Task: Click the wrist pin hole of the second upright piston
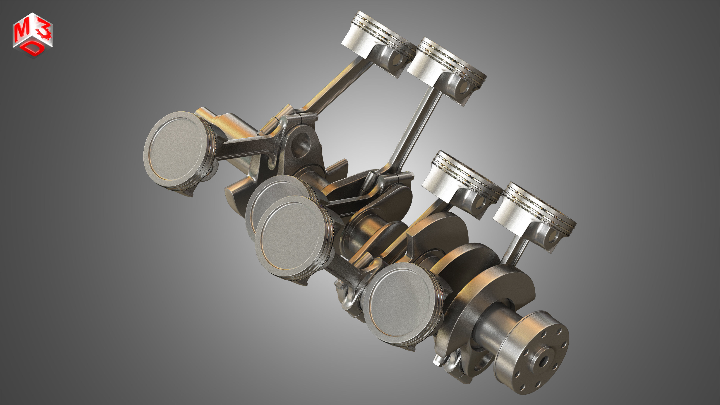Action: [x=464, y=89]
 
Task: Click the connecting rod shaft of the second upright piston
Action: [x=414, y=131]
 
